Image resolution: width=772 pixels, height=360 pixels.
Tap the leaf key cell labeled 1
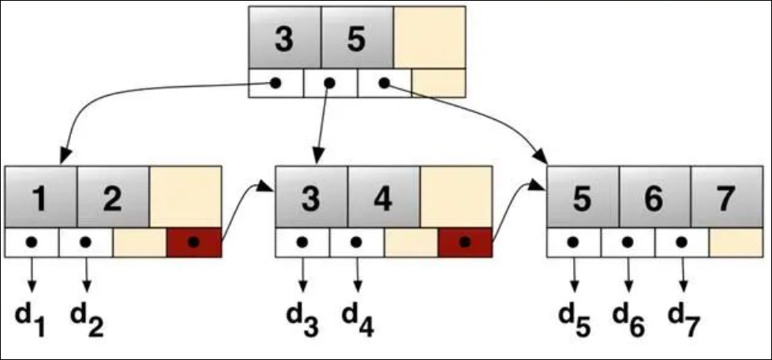click(x=41, y=197)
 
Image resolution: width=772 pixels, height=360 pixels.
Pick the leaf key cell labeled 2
click(x=113, y=197)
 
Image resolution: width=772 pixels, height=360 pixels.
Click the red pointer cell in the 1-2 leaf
click(x=194, y=242)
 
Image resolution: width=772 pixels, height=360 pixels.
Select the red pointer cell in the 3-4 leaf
click(x=465, y=242)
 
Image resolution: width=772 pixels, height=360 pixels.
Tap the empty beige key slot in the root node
click(x=429, y=38)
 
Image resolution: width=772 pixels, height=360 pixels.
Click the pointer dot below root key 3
click(x=275, y=83)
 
